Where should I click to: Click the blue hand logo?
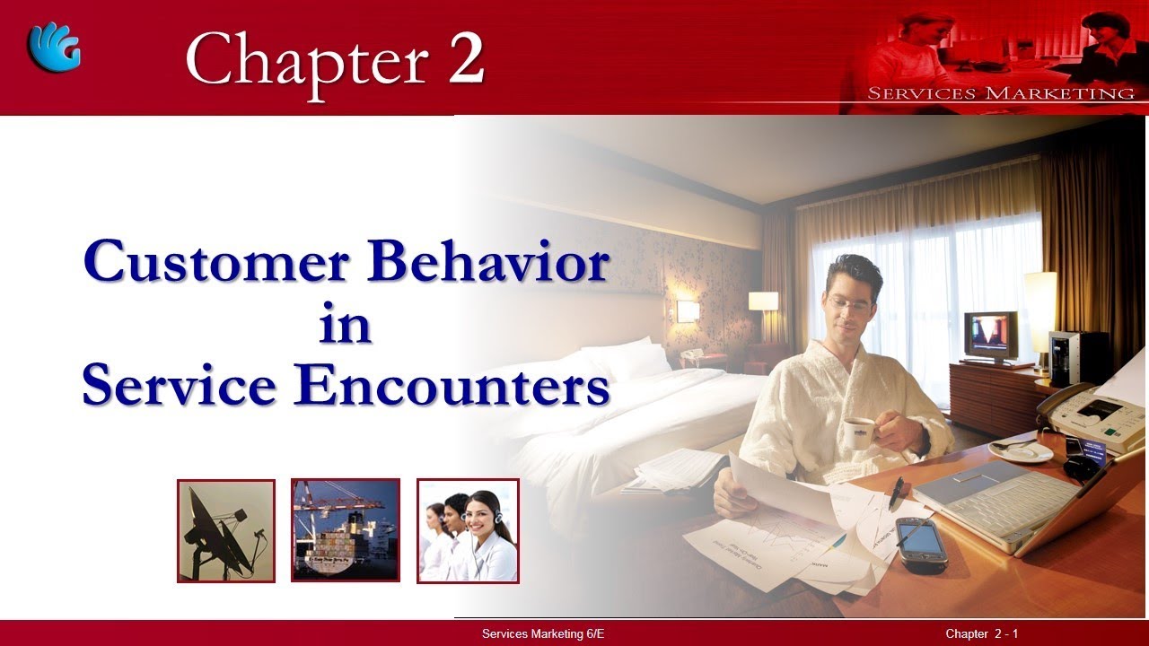[x=55, y=48]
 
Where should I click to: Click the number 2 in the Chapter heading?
[x=466, y=58]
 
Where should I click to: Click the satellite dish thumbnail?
[x=226, y=531]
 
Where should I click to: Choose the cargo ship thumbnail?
[x=346, y=530]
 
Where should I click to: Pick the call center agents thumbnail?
[x=468, y=530]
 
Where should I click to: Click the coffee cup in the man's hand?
[x=860, y=432]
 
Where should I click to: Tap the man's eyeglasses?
[x=849, y=302]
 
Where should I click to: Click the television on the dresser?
[x=990, y=336]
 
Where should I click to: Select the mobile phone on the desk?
[x=921, y=543]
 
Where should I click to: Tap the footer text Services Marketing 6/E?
[x=543, y=634]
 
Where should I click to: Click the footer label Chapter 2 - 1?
[x=981, y=634]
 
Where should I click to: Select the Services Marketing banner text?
[x=1000, y=93]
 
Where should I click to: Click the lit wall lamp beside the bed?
[x=688, y=310]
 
